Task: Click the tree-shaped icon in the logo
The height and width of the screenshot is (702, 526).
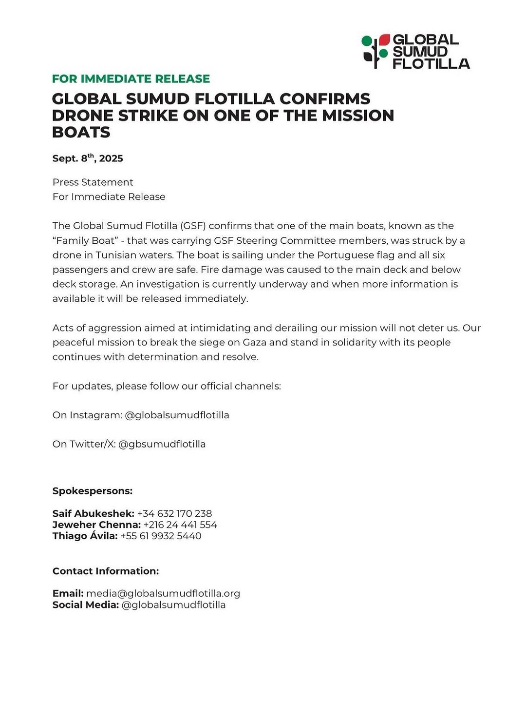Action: (x=376, y=51)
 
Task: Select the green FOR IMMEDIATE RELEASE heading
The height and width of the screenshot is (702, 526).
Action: (x=131, y=78)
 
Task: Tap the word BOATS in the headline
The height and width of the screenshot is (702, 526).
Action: (x=81, y=132)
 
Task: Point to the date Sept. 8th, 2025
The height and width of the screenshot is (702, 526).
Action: (x=88, y=158)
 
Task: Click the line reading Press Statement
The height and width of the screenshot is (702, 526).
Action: (x=93, y=182)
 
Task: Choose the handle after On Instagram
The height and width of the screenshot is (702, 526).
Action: (x=177, y=415)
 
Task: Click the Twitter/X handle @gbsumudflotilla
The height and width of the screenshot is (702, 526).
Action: (x=162, y=444)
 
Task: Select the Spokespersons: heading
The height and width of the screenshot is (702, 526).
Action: (x=93, y=491)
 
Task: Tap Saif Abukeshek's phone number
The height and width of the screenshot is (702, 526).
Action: (x=174, y=513)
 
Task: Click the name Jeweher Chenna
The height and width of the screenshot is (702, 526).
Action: (x=96, y=525)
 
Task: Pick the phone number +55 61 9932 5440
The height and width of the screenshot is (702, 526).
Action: (x=161, y=536)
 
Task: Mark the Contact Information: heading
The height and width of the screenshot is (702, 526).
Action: (x=106, y=571)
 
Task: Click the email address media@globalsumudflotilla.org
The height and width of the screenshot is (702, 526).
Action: (x=163, y=593)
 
